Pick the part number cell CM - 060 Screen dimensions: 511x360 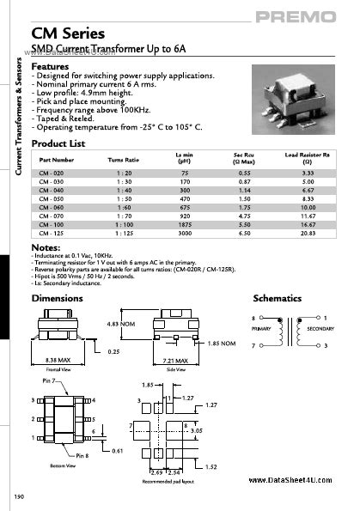click(x=52, y=206)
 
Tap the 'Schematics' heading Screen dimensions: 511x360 click(x=278, y=298)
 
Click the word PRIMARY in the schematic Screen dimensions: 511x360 click(x=261, y=328)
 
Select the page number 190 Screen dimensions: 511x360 click(x=19, y=497)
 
